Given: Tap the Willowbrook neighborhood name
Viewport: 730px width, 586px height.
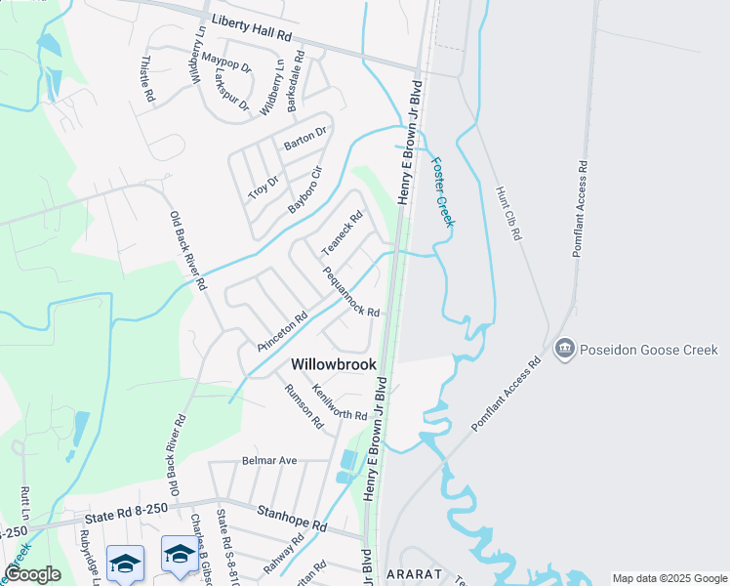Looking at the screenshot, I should point(334,363).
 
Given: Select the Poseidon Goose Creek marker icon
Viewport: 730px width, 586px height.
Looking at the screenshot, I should point(564,349).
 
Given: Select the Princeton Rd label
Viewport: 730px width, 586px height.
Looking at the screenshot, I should point(283,332).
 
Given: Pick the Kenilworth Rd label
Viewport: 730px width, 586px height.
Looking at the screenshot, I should point(339,402).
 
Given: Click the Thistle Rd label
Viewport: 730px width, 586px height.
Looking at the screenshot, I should point(147,79).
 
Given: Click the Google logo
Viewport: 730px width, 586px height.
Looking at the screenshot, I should point(32,574).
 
